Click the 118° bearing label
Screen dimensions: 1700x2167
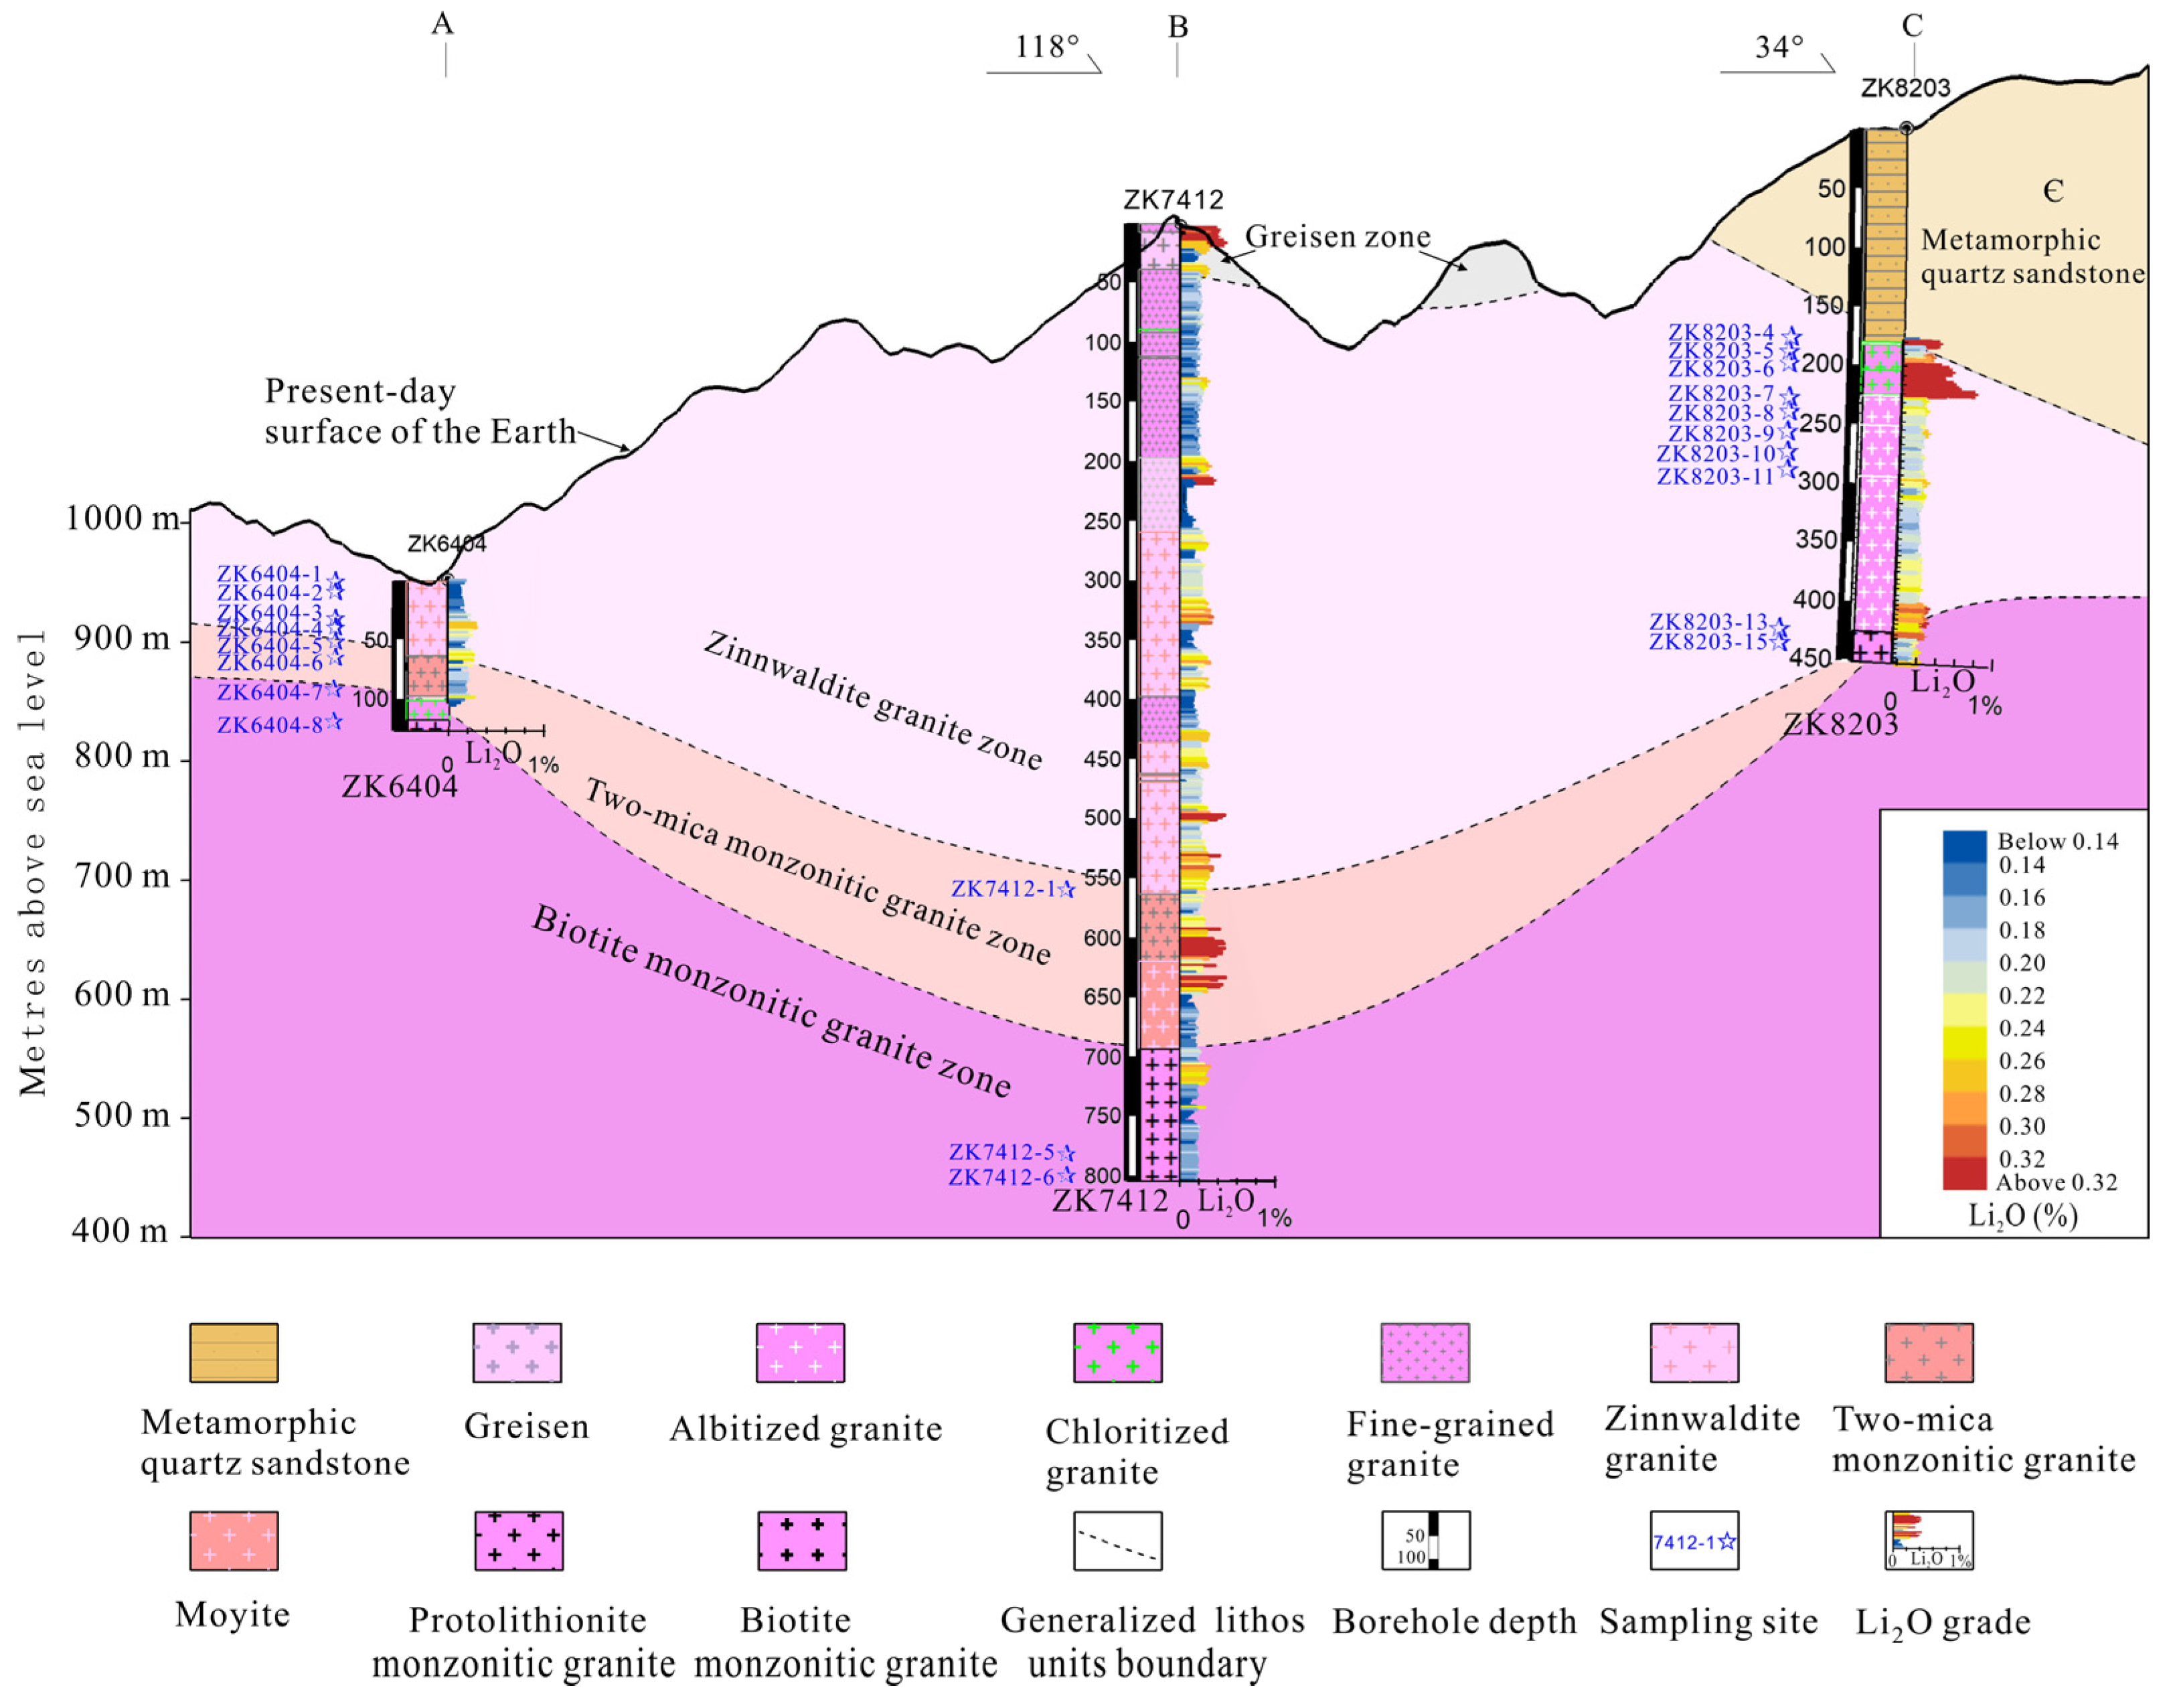click(x=1047, y=47)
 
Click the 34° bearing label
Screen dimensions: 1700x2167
click(x=1779, y=47)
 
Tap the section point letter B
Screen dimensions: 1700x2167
click(x=1178, y=27)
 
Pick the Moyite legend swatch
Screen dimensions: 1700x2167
click(x=234, y=1541)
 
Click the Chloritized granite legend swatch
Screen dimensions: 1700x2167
click(x=1117, y=1353)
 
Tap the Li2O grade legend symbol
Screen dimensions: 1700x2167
click(x=1928, y=1541)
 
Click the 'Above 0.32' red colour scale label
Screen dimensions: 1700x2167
click(x=2056, y=1182)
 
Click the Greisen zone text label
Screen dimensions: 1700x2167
click(x=1337, y=237)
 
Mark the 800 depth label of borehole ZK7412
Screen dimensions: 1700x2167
click(x=1103, y=1176)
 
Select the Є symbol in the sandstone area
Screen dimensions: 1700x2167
click(x=2053, y=190)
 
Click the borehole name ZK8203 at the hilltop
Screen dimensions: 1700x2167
click(x=1905, y=88)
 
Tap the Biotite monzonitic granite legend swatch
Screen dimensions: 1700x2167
click(x=802, y=1541)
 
